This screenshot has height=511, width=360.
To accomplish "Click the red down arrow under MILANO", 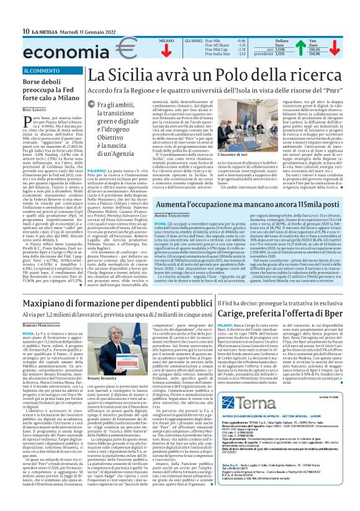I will pos(166,50).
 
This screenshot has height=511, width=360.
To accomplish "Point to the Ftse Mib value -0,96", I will pos(224,40).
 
